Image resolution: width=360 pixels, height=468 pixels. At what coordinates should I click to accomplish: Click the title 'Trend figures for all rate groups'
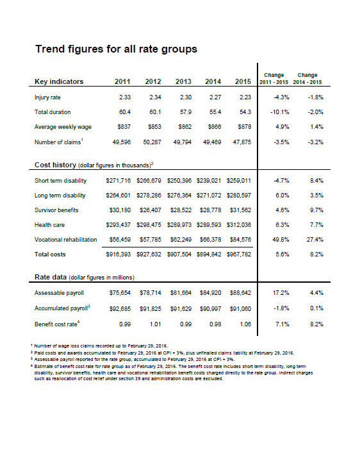117,49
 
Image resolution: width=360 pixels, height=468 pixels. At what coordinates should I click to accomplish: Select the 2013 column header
183,81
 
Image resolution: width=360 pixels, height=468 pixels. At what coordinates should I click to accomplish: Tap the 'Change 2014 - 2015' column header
307,78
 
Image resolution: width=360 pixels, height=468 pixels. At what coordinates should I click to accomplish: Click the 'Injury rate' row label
47,97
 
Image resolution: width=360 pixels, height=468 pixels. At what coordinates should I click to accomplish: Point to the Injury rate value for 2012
155,97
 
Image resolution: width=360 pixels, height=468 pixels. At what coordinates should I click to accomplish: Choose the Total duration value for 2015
245,112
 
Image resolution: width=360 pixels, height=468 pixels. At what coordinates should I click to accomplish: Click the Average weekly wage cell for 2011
124,127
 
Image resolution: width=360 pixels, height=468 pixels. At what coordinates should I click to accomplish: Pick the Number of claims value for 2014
212,142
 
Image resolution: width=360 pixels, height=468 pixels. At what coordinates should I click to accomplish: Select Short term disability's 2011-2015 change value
281,181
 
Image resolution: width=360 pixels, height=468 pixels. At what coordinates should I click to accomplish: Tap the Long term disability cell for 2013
179,196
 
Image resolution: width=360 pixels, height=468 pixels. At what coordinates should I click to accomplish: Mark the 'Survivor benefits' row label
56,210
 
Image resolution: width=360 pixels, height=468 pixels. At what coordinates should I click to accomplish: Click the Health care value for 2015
238,225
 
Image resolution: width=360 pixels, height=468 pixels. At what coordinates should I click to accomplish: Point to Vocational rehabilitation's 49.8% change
281,240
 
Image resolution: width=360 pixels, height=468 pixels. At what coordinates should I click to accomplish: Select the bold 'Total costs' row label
50,255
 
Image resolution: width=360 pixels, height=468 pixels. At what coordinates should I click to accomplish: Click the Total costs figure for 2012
149,255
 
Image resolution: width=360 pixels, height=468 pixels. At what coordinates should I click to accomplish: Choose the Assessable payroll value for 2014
211,293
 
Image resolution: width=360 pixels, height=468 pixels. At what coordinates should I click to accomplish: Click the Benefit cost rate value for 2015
245,324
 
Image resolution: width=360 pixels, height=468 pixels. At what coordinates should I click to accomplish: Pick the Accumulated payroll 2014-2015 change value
316,308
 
